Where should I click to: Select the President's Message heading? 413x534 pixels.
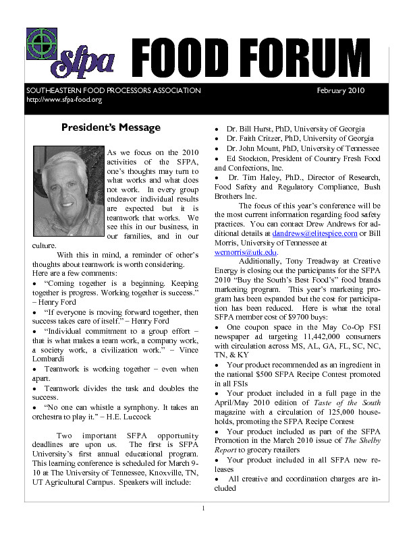click(x=111, y=127)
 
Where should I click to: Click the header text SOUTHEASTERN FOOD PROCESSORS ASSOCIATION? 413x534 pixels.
click(x=113, y=90)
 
